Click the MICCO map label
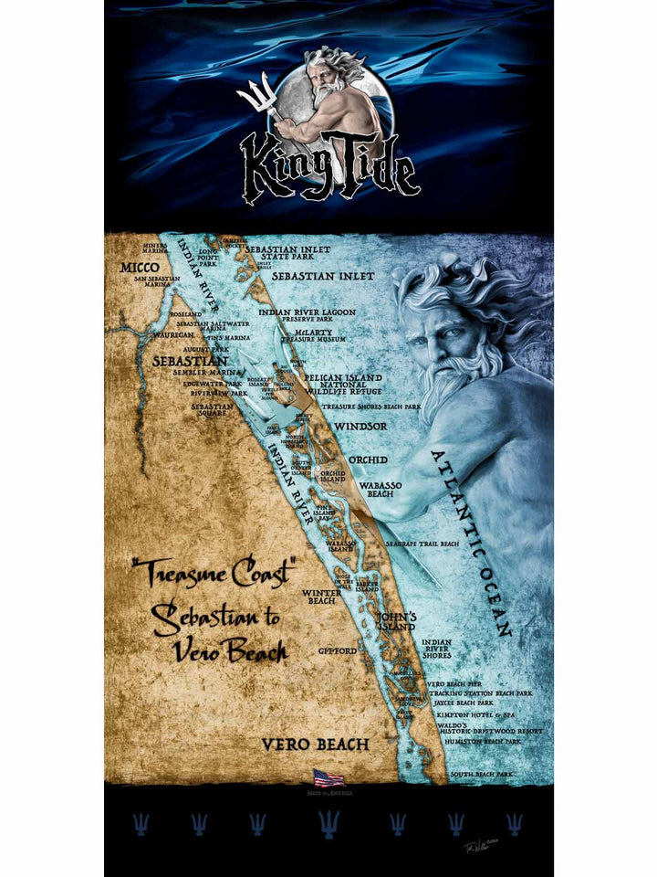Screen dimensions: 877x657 click(141, 268)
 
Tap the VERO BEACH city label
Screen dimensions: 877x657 click(316, 745)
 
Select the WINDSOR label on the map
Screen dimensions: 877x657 click(360, 426)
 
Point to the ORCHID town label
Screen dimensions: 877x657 click(368, 460)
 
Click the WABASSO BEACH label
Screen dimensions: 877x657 click(381, 490)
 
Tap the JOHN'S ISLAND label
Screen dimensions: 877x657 click(397, 621)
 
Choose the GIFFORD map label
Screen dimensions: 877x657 click(338, 651)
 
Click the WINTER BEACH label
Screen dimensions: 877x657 click(321, 597)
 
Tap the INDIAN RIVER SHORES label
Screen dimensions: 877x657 click(437, 649)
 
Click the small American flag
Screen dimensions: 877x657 click(328, 777)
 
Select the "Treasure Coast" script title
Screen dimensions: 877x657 click(214, 574)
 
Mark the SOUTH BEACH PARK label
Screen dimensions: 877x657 click(481, 774)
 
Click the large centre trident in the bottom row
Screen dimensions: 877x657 click(328, 824)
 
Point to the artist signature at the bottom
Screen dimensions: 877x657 click(478, 847)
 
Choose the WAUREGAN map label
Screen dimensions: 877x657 click(174, 335)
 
